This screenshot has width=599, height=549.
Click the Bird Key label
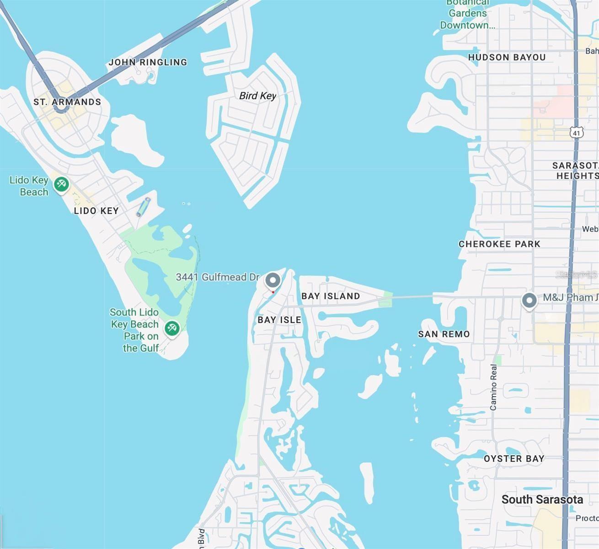tap(257, 96)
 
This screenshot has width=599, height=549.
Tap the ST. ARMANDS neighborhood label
tap(67, 102)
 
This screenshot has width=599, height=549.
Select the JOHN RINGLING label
tap(148, 62)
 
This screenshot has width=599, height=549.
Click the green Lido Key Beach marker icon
tap(61, 185)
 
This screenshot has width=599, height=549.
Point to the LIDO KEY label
tap(96, 211)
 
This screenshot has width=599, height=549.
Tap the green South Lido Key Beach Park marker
tap(172, 328)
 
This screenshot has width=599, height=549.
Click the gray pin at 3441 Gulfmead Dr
tap(273, 280)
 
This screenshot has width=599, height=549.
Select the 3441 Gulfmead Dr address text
tap(218, 277)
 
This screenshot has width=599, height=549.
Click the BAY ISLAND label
tap(331, 296)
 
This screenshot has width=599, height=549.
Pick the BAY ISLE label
tap(279, 320)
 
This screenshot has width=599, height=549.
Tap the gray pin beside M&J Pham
tap(529, 301)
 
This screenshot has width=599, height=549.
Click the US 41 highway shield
tap(577, 133)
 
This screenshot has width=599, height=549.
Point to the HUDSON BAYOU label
tap(507, 58)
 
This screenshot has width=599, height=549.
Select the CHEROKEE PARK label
tap(499, 244)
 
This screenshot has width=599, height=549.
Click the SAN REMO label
tap(444, 334)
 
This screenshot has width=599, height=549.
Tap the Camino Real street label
tap(493, 387)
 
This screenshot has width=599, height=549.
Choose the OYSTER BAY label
tap(514, 459)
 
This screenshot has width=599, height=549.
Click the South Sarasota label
tap(542, 500)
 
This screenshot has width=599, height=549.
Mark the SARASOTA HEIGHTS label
tap(575, 171)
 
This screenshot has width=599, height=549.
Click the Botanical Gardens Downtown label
tap(467, 14)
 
